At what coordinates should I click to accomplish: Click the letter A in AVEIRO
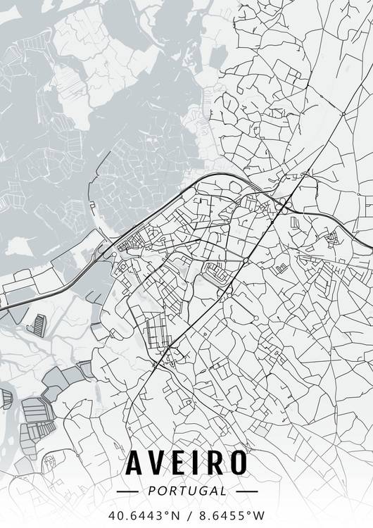pyautogui.click(x=136, y=462)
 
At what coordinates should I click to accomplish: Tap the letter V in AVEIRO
pyautogui.click(x=161, y=462)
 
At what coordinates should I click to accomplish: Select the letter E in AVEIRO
pyautogui.click(x=184, y=462)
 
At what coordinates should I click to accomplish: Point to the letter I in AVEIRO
pyautogui.click(x=201, y=462)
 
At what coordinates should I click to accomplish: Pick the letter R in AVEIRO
pyautogui.click(x=217, y=462)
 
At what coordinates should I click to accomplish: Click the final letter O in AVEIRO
pyautogui.click(x=239, y=462)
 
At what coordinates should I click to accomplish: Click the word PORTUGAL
pyautogui.click(x=187, y=490)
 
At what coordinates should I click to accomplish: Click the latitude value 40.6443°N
pyautogui.click(x=144, y=515)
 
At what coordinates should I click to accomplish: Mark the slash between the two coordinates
pyautogui.click(x=187, y=515)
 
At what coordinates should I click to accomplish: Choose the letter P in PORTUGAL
pyautogui.click(x=151, y=490)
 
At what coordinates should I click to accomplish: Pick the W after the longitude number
pyautogui.click(x=260, y=515)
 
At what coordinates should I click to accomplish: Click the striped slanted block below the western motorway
pyautogui.click(x=37, y=322)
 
